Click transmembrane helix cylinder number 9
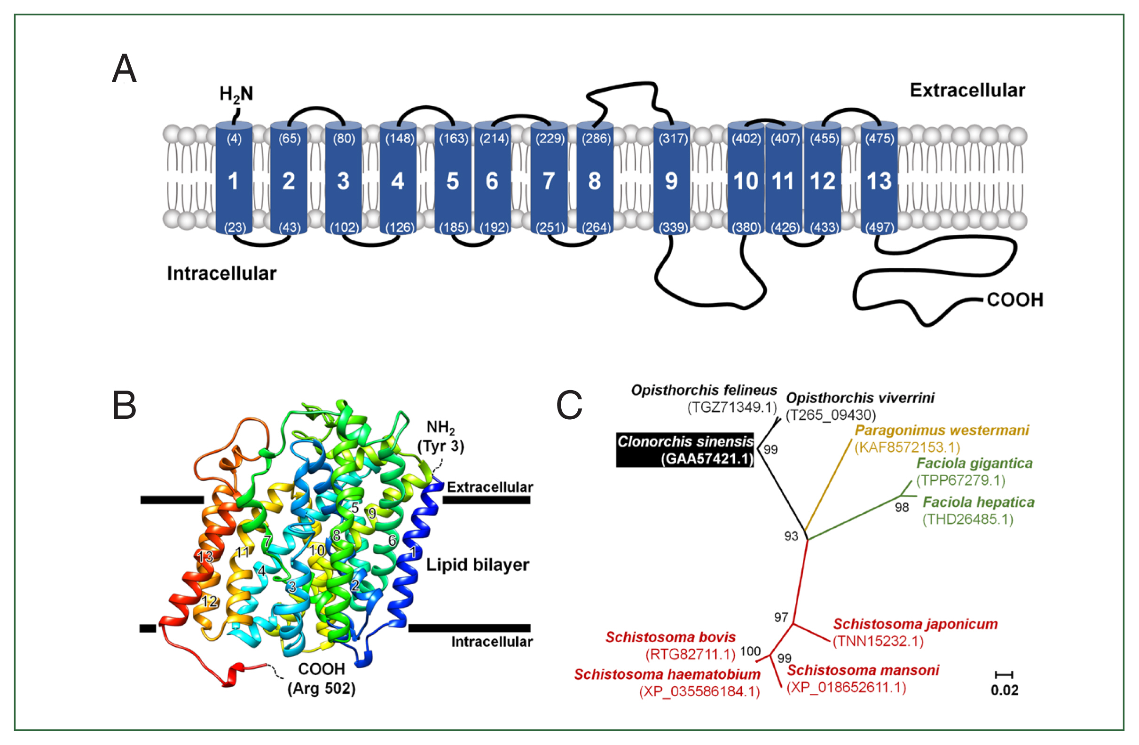(671, 181)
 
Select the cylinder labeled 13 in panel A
(879, 181)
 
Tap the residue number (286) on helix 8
(596, 139)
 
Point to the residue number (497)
(880, 227)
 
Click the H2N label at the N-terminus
(236, 94)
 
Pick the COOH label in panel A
(1014, 300)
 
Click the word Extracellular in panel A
(966, 90)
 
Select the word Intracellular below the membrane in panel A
(221, 273)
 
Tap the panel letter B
(124, 405)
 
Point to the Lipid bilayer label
(477, 565)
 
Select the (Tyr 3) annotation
(440, 446)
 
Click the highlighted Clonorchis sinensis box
(685, 450)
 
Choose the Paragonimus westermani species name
(942, 430)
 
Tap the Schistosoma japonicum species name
(915, 624)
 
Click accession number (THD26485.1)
(968, 519)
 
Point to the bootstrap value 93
(791, 536)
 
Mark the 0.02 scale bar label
(1004, 690)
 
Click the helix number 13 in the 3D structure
(205, 557)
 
